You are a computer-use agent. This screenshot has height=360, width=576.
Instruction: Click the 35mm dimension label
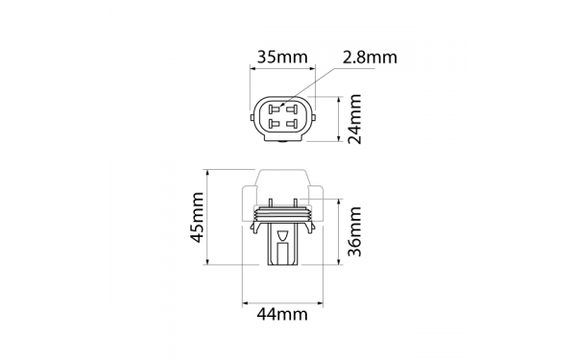pos(281,57)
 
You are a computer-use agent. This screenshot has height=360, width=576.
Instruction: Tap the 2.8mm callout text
pos(370,58)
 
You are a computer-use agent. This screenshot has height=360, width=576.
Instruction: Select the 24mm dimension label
pos(355,119)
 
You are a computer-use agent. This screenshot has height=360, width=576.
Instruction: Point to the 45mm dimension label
pos(197,218)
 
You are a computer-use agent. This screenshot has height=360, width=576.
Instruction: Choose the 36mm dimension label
pos(355,231)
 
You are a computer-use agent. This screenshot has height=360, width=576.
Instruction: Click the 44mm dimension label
pos(281,315)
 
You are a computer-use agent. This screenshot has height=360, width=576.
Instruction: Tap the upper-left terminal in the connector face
pos(274,109)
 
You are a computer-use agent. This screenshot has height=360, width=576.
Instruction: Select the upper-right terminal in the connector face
pos(292,109)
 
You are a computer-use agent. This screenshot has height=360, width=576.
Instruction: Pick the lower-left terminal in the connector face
pos(274,123)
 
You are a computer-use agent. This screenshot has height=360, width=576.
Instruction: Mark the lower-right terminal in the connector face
pos(292,123)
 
